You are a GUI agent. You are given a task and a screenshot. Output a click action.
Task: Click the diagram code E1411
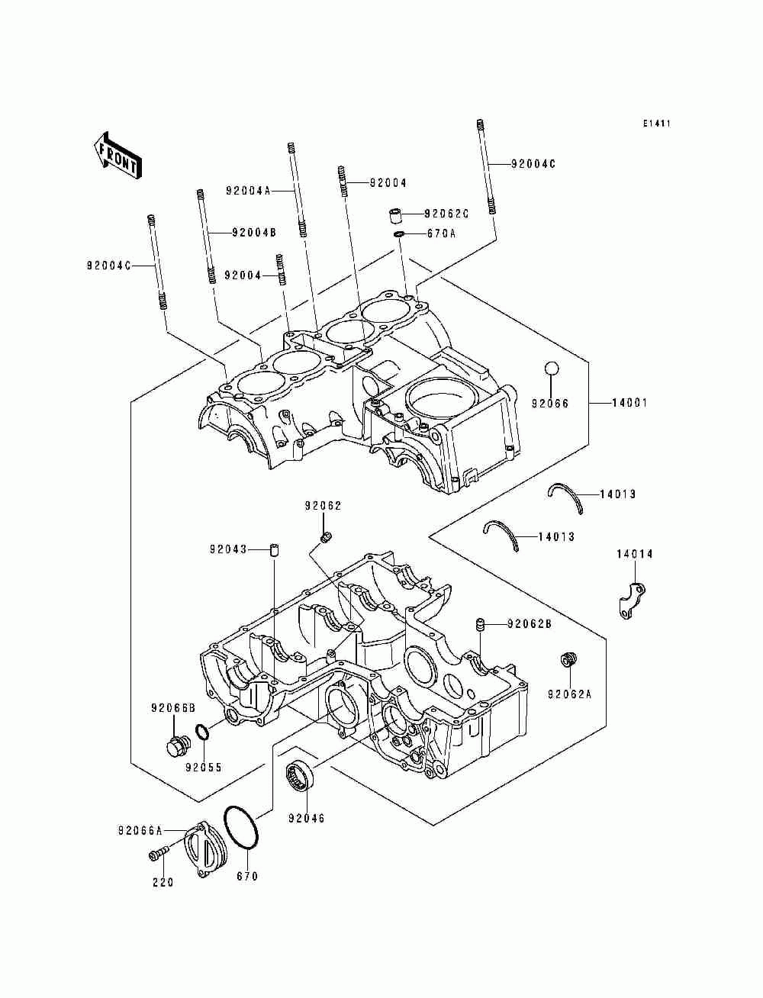[x=657, y=123]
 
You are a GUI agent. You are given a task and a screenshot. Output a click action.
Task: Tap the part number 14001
[x=629, y=402]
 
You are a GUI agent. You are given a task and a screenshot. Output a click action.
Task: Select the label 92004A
[x=248, y=191]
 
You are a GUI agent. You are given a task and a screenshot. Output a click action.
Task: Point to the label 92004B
[x=254, y=233]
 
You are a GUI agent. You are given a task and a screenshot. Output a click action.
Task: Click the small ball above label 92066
[x=551, y=367]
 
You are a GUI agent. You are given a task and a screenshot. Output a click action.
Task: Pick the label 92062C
[x=446, y=213]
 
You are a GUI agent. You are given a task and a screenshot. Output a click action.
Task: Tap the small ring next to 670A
[x=399, y=234]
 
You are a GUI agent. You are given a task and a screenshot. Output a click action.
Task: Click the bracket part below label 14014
[x=633, y=600]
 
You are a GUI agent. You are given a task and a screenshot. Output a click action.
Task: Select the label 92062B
[x=530, y=624]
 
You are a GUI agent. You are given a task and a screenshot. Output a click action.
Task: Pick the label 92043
[x=228, y=549]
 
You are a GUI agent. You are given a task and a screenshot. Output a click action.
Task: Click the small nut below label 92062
[x=326, y=538]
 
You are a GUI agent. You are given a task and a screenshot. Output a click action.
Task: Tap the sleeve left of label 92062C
[x=394, y=215]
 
